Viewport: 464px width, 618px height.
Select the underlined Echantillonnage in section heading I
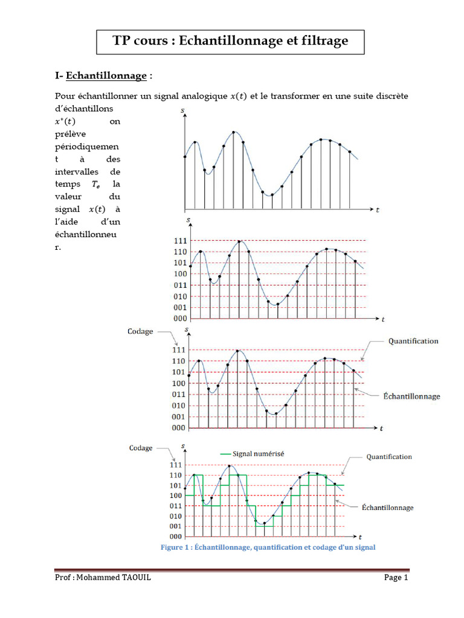[x=106, y=75]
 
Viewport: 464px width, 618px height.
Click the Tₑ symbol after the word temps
[x=95, y=185]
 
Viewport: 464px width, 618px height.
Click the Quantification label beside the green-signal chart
[x=389, y=457]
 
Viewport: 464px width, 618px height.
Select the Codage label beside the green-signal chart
[x=141, y=448]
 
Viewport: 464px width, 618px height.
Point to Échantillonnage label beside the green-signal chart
[x=387, y=508]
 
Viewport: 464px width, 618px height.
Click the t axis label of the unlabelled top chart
[x=378, y=211]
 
